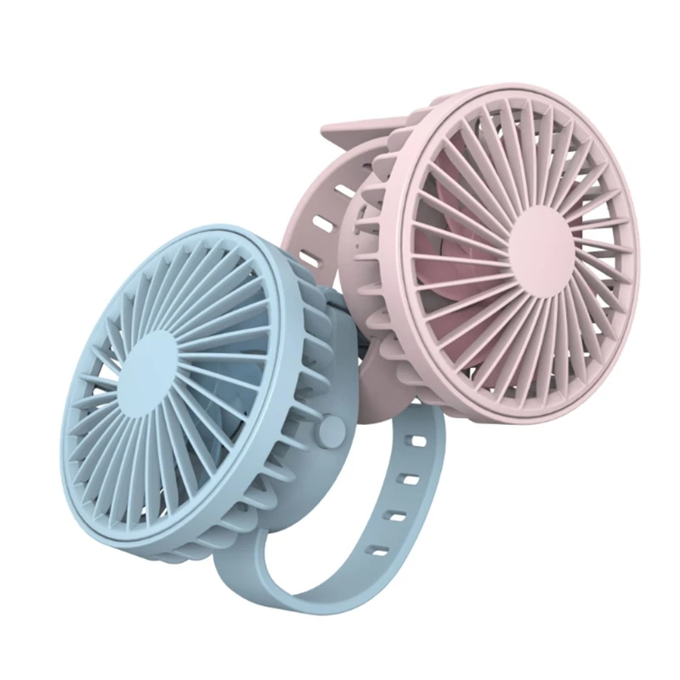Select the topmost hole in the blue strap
416,443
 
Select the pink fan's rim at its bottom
544,415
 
